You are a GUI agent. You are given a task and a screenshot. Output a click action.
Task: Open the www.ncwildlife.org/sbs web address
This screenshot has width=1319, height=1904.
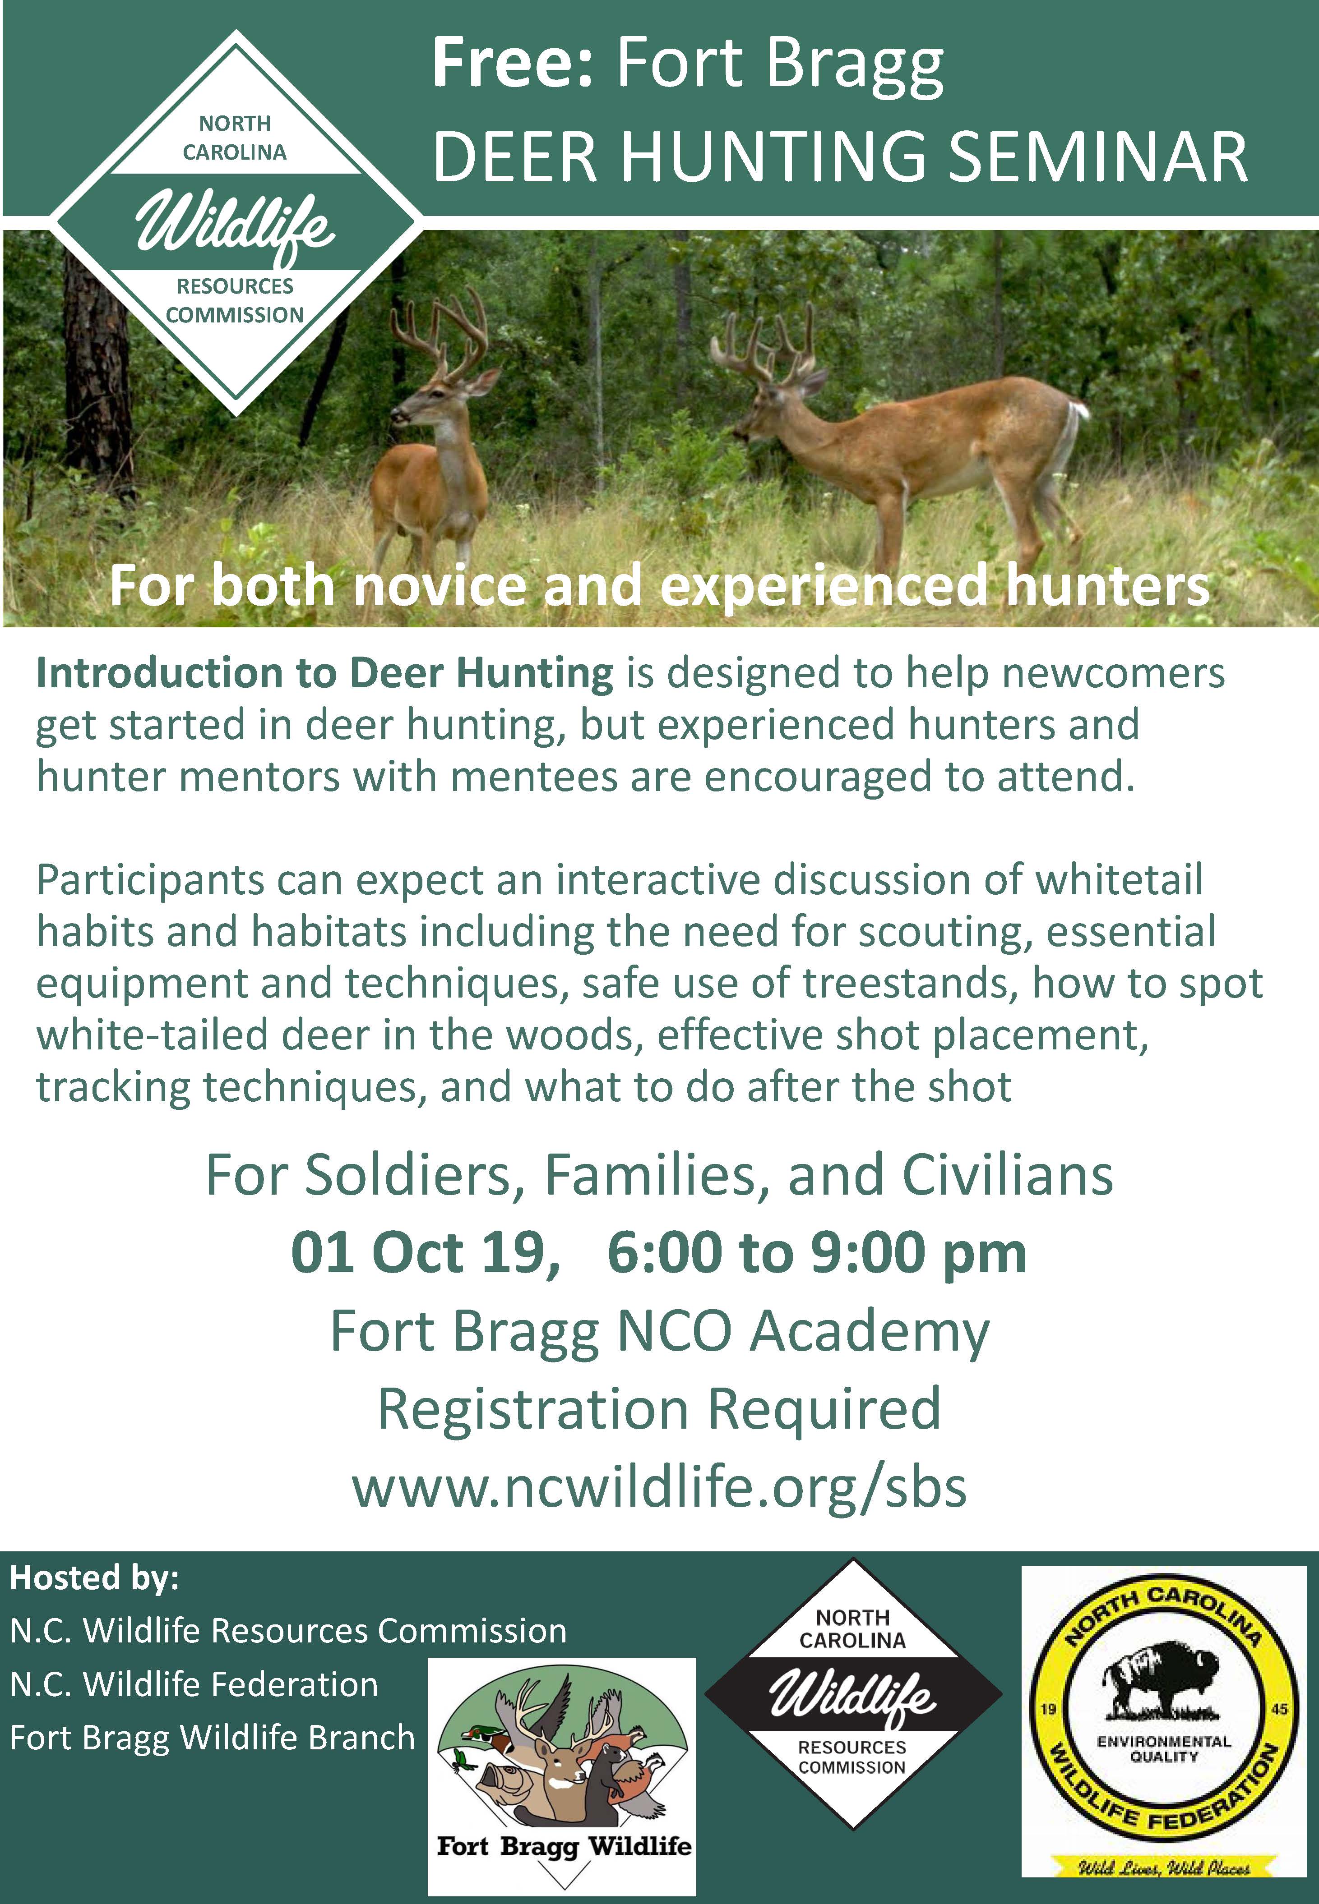click(660, 1487)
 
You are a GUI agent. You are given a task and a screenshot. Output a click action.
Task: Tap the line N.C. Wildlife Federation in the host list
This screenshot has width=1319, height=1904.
click(194, 1684)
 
